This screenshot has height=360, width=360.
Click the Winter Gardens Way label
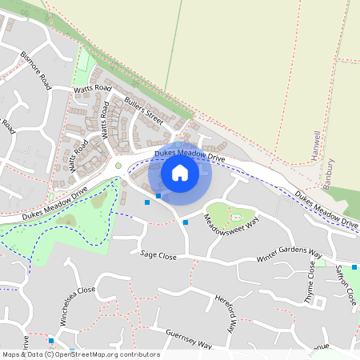click(294, 255)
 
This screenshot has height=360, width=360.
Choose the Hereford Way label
click(227, 312)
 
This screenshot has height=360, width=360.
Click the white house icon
click(180, 172)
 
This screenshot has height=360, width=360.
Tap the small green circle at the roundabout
click(118, 166)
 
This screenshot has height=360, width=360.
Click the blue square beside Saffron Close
click(354, 267)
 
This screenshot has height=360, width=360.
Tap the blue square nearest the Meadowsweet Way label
click(186, 222)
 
